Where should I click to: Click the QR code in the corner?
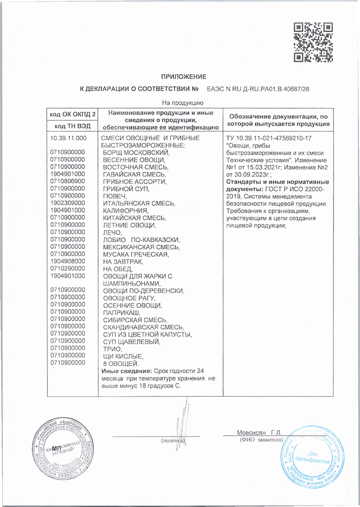click(x=313, y=42)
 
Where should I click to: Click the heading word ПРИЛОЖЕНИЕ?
click(x=184, y=77)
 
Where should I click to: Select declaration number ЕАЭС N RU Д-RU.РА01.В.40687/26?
click(x=258, y=89)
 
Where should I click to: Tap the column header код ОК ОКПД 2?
click(x=73, y=114)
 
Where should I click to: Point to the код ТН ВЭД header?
click(x=73, y=126)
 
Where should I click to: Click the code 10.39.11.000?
click(x=68, y=138)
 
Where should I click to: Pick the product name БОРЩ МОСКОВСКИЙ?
click(x=136, y=152)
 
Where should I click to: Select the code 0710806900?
click(x=68, y=181)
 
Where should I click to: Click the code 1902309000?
click(x=68, y=203)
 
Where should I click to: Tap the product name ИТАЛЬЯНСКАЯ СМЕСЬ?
click(x=139, y=203)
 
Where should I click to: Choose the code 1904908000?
click(x=68, y=261)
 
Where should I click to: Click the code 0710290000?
click(x=68, y=268)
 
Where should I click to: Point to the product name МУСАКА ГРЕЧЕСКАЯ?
click(x=136, y=255)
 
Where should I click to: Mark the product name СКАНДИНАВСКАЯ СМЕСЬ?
click(x=143, y=327)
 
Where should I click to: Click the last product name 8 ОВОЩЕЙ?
click(x=121, y=364)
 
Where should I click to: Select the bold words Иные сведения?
click(x=127, y=371)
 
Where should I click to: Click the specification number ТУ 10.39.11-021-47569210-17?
click(x=269, y=138)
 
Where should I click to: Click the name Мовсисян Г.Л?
click(x=259, y=433)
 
